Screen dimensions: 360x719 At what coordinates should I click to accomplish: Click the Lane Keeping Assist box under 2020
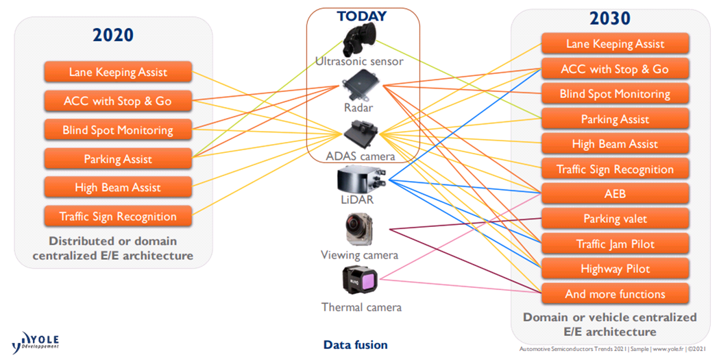118,72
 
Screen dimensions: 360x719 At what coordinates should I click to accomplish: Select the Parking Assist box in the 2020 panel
118,159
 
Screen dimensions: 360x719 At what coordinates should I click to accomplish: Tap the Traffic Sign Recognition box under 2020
118,217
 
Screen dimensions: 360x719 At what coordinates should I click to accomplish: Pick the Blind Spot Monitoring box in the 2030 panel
615,94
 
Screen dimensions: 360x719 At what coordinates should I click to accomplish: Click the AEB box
615,194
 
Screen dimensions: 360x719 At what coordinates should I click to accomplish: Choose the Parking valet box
615,219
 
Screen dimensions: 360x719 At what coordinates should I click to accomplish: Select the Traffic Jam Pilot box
615,244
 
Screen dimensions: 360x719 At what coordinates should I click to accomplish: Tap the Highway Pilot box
615,269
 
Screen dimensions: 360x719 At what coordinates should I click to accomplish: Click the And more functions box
615,294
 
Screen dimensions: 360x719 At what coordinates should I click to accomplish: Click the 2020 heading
113,35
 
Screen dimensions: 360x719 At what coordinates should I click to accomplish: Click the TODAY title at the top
361,16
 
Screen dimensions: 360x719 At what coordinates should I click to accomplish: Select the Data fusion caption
355,345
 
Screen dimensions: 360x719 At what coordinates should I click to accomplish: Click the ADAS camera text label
361,156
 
